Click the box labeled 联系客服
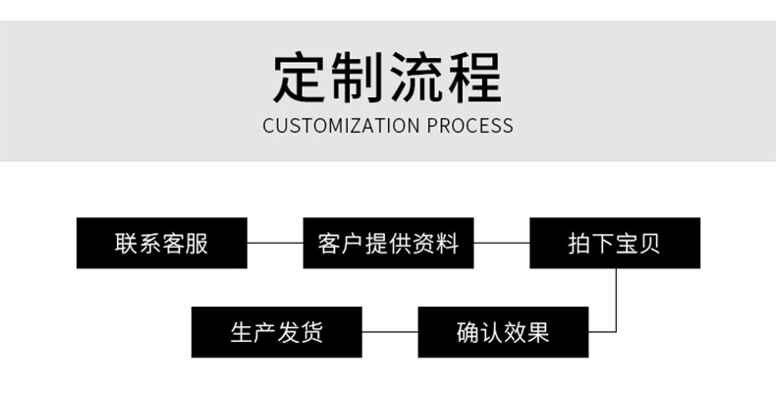coord(162,243)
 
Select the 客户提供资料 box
coord(388,243)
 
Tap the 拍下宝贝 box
coord(615,243)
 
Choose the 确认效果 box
coord(503,332)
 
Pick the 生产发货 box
coord(276,332)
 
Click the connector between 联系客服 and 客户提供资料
coord(274,243)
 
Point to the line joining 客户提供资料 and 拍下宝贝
coord(501,243)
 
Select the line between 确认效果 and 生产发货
coord(390,332)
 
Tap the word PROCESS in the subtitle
coord(470,126)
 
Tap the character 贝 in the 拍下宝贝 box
coord(649,244)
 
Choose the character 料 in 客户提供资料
coord(448,244)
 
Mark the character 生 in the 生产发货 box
coord(242,333)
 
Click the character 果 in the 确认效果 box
coord(537,333)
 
